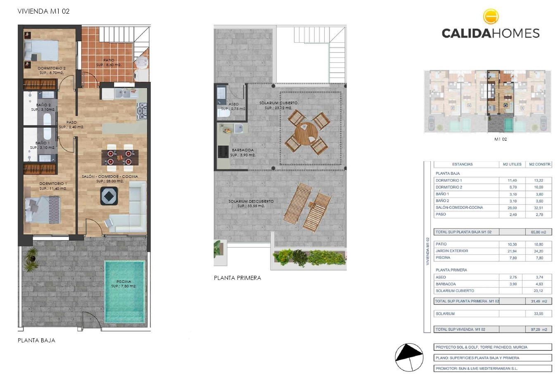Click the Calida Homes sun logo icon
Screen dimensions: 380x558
(x=491, y=17)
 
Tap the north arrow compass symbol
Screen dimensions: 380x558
(x=409, y=357)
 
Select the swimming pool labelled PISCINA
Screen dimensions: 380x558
(x=124, y=291)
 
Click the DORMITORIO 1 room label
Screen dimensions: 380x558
(x=53, y=184)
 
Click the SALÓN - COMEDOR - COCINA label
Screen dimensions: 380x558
(x=110, y=177)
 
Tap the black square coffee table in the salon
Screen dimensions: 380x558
(x=109, y=196)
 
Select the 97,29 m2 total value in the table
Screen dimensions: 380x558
(x=539, y=330)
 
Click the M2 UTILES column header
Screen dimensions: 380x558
(x=512, y=164)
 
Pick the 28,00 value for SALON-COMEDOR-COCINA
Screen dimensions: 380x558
(x=512, y=208)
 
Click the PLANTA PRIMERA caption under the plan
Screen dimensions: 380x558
(x=237, y=278)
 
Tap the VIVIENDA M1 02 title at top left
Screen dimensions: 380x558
(x=43, y=11)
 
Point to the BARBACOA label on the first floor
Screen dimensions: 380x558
(x=243, y=150)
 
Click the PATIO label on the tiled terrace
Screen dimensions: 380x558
(x=109, y=60)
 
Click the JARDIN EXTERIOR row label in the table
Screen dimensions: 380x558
(x=451, y=251)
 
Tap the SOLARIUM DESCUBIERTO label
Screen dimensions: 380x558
(x=251, y=201)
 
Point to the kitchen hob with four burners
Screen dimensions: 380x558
(x=142, y=111)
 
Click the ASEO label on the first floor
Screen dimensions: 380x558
(x=233, y=104)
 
